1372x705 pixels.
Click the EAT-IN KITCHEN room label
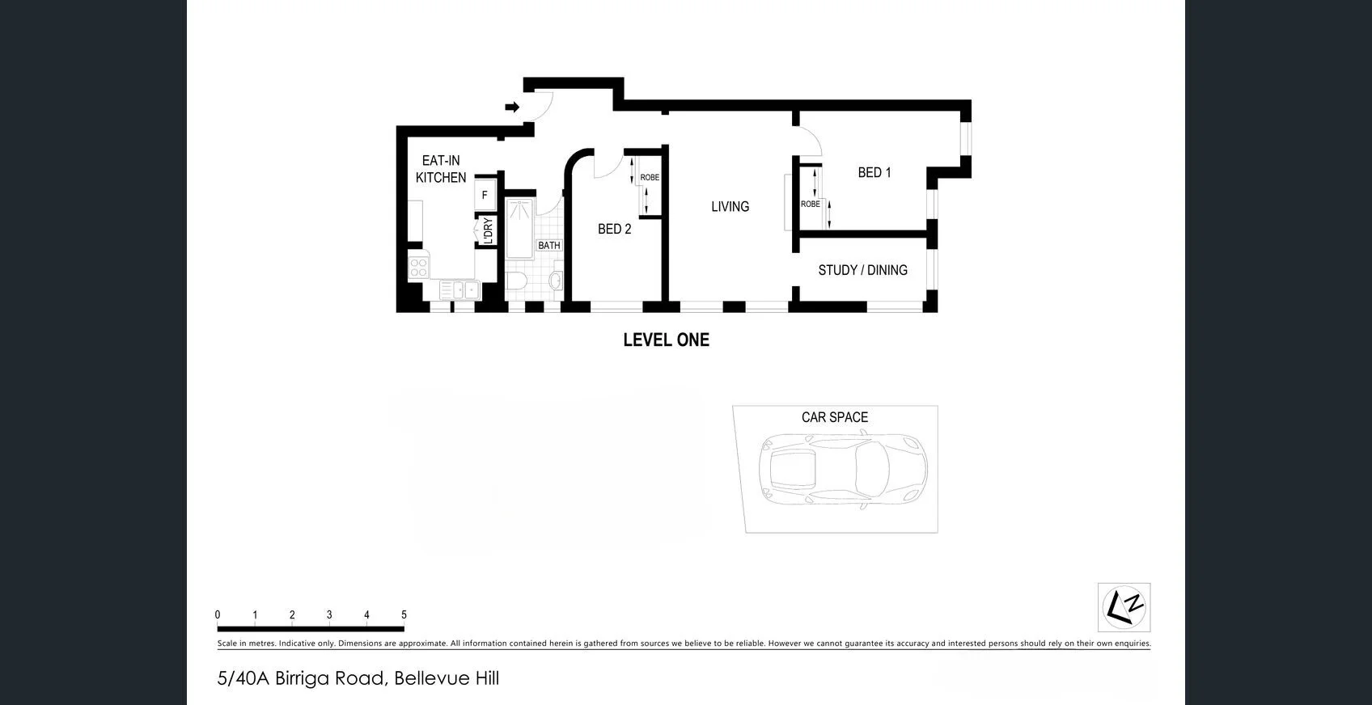click(x=441, y=169)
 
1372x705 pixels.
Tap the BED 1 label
click(x=874, y=172)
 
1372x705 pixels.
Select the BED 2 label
click(x=614, y=229)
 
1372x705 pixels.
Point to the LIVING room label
click(x=730, y=206)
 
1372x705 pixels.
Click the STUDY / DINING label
click(x=862, y=270)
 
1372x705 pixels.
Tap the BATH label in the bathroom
click(x=548, y=245)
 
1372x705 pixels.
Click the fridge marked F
click(x=485, y=195)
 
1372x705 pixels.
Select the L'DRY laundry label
click(x=488, y=230)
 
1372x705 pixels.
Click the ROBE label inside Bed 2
click(x=650, y=177)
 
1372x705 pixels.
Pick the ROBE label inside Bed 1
click(x=810, y=204)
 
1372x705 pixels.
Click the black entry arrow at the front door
click(x=512, y=107)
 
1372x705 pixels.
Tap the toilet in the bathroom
click(x=516, y=281)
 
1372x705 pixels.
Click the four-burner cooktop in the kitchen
click(x=418, y=267)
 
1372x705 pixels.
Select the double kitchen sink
click(x=460, y=289)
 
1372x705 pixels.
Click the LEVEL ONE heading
click(x=666, y=340)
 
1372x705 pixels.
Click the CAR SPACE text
click(x=834, y=417)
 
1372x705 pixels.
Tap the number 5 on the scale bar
click(x=404, y=615)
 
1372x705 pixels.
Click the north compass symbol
click(x=1124, y=607)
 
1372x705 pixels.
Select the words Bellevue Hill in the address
click(x=447, y=678)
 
